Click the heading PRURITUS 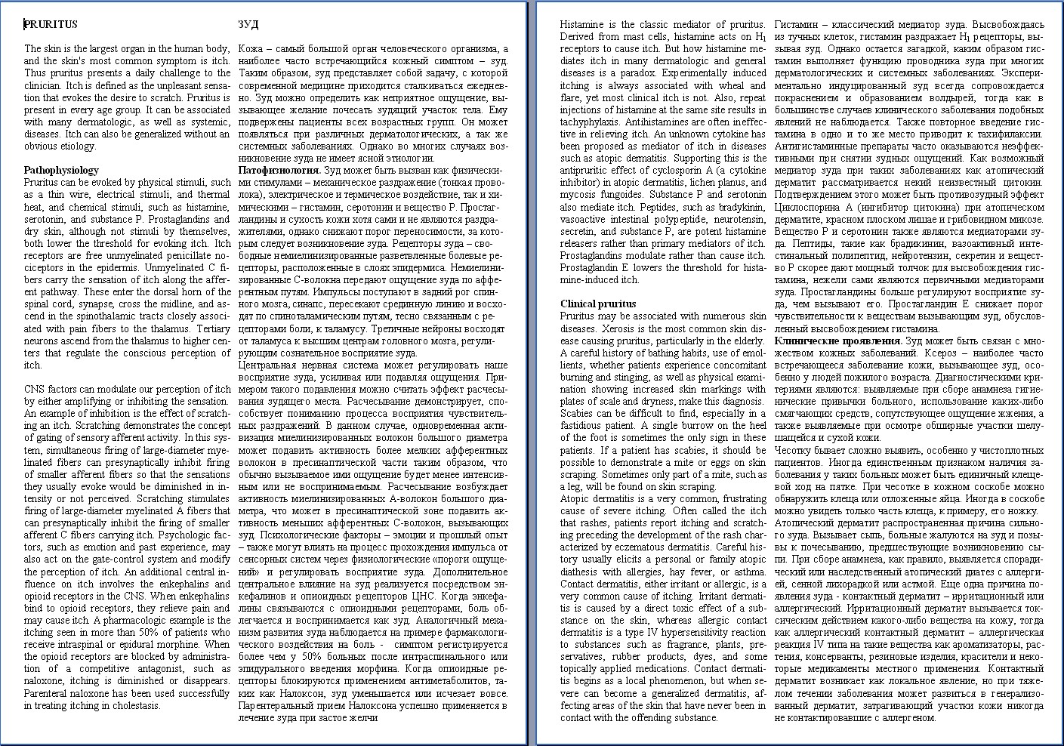coord(51,24)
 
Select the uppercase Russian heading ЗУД coord(248,24)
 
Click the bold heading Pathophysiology coord(61,170)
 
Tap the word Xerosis coord(619,328)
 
